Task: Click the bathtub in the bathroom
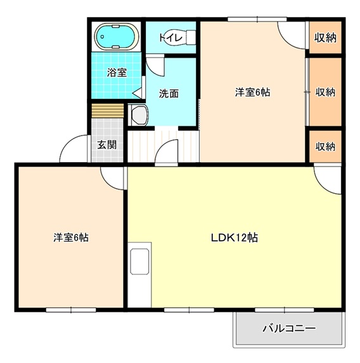coord(117,37)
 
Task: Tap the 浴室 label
coord(117,72)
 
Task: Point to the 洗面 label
coord(169,93)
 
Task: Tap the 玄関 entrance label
coord(106,144)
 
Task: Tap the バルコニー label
coord(288,329)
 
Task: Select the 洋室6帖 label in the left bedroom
coord(70,238)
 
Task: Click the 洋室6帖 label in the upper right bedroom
coord(252,92)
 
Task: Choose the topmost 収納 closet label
coord(325,37)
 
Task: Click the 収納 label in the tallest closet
coord(325,92)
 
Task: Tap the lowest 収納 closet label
coord(325,146)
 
